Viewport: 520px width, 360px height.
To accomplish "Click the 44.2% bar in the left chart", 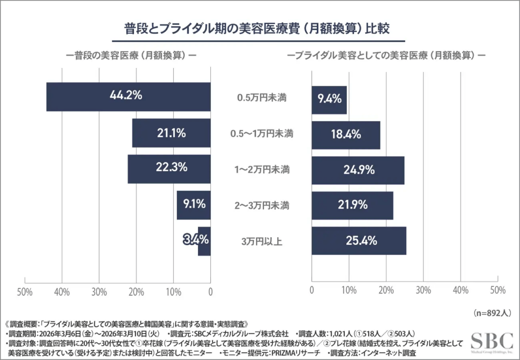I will [128, 96].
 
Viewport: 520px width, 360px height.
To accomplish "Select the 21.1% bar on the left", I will [171, 133].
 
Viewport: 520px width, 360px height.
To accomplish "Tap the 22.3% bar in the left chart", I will [169, 169].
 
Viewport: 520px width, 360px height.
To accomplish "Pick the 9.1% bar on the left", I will [193, 205].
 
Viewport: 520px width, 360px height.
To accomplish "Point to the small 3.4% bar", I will [205, 241].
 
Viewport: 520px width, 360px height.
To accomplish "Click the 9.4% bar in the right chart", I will [329, 100].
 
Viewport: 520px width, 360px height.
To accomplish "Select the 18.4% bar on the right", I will [346, 135].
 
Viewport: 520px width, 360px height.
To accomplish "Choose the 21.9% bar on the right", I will [352, 206].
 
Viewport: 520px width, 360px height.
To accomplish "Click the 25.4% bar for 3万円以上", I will [359, 241].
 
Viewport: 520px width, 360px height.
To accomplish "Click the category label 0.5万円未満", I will [262, 98].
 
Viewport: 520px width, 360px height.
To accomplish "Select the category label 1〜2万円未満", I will [262, 170].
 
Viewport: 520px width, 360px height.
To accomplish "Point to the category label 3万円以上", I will [262, 241].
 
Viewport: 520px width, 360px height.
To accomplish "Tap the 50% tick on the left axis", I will [25, 291].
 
